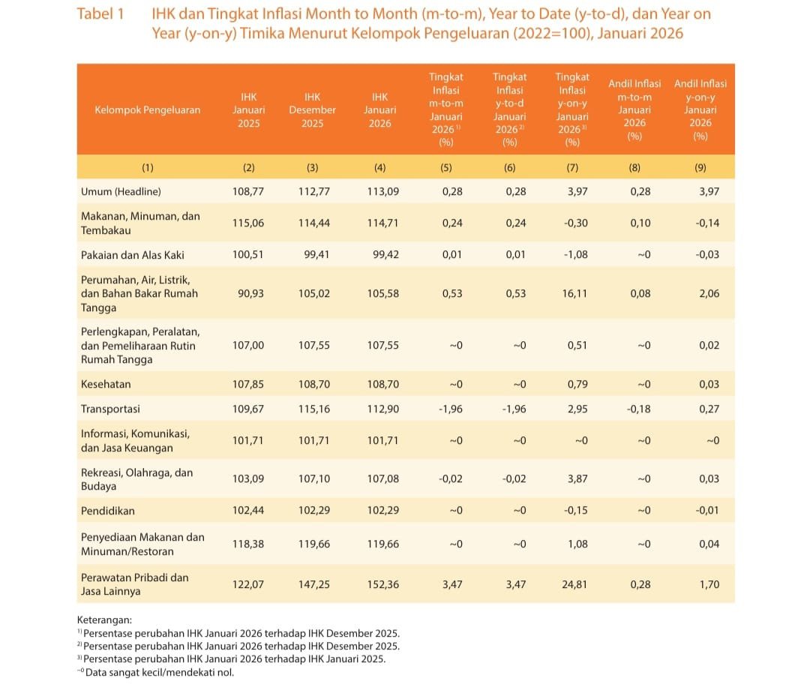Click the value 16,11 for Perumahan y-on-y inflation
pyautogui.click(x=574, y=293)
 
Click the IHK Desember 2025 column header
pyautogui.click(x=312, y=109)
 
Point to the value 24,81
pyautogui.click(x=574, y=584)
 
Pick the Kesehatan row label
pyautogui.click(x=106, y=384)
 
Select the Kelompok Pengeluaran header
pyautogui.click(x=148, y=109)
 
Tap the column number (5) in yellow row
pyautogui.click(x=446, y=167)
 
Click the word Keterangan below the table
pyautogui.click(x=105, y=620)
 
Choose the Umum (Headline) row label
pyautogui.click(x=121, y=191)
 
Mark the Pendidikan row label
pyautogui.click(x=108, y=510)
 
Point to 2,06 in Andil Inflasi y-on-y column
pyautogui.click(x=708, y=293)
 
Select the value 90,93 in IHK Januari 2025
pyautogui.click(x=248, y=293)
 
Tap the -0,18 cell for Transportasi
pyautogui.click(x=639, y=409)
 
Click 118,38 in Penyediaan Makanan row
pyautogui.click(x=248, y=544)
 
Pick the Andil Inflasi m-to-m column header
pyautogui.click(x=634, y=109)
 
